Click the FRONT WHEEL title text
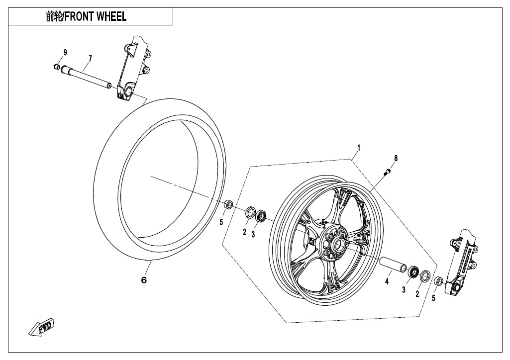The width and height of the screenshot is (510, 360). [86, 16]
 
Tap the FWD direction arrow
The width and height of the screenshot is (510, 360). [42, 326]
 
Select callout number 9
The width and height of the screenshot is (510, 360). [65, 53]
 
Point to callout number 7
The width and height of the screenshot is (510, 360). [90, 59]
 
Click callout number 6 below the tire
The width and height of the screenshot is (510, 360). [144, 280]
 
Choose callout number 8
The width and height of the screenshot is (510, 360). [396, 158]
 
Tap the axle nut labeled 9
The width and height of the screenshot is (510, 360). [57, 67]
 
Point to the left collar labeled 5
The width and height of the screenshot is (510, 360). [229, 204]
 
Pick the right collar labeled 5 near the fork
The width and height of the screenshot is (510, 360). [439, 281]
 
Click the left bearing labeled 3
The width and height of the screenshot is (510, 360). [261, 216]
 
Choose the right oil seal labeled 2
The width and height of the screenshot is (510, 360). [426, 275]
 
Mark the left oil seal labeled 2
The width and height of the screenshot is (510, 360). [249, 212]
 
